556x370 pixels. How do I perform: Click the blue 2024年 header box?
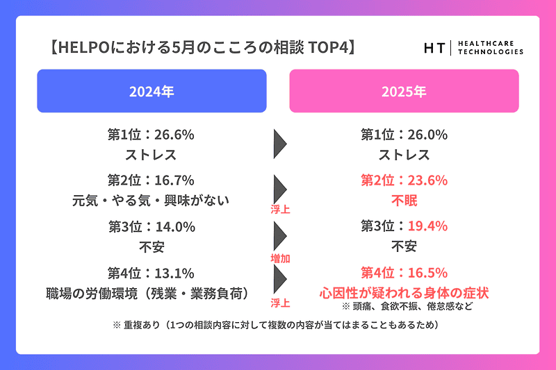click(152, 91)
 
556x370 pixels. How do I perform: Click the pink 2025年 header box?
click(404, 91)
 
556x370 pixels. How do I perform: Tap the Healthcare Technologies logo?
click(473, 48)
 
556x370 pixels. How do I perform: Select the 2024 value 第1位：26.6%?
click(152, 135)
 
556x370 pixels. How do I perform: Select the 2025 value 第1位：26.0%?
click(404, 135)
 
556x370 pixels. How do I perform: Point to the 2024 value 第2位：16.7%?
click(152, 181)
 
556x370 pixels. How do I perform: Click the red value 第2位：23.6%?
click(404, 181)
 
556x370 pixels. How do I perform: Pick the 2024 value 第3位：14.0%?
click(152, 227)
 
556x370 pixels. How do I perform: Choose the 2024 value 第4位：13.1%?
click(152, 273)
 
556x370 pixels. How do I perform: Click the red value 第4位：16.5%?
click(404, 273)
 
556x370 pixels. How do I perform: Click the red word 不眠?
click(404, 201)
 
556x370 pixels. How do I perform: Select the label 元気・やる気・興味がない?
click(152, 201)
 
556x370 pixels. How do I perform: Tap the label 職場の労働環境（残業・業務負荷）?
click(152, 292)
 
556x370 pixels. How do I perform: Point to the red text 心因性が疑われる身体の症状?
click(404, 292)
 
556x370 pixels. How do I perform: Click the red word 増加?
click(280, 258)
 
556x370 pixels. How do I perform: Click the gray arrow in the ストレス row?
click(280, 144)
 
